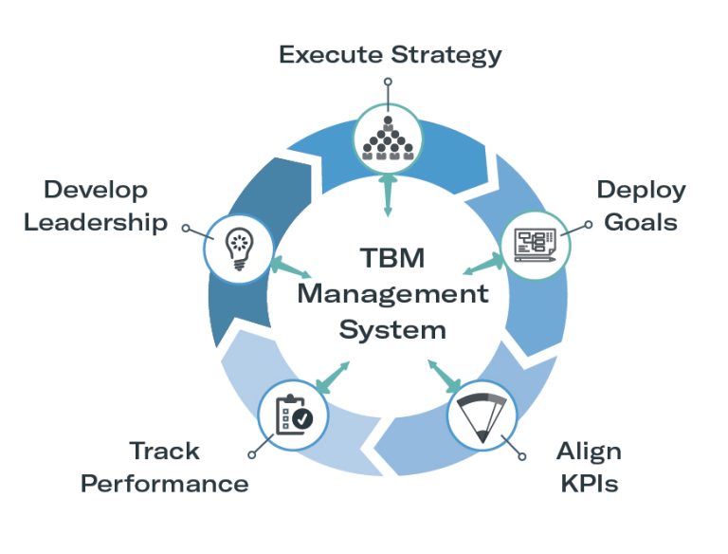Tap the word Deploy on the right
pos(641,190)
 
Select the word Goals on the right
pos(643,222)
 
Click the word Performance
pos(165,484)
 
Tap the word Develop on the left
pos(96,190)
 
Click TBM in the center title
pos(391,258)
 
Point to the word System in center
pos(391,330)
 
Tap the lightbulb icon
pos(237,246)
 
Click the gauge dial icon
pos(482,415)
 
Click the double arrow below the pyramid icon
pos(388,195)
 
